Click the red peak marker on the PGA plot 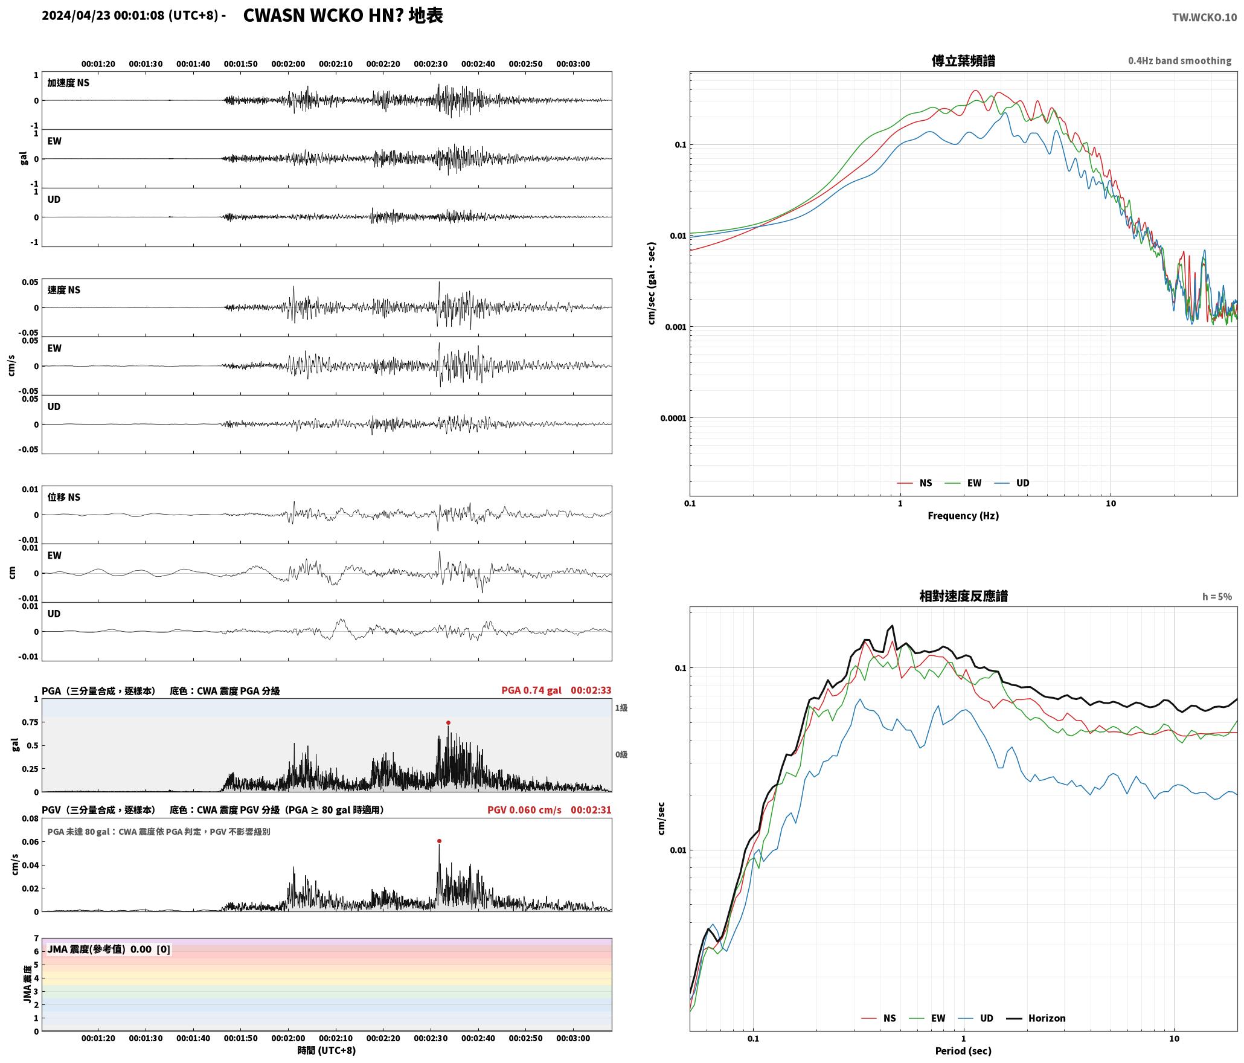(x=448, y=722)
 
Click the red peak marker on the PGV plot (x=439, y=841)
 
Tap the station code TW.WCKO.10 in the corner (x=1204, y=18)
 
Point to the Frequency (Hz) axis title (x=963, y=515)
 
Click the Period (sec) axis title (x=963, y=1050)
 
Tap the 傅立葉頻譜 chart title (x=963, y=60)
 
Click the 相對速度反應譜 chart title (x=963, y=596)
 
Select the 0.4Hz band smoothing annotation (x=1179, y=60)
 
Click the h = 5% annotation (x=1217, y=596)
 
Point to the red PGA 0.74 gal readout (x=531, y=690)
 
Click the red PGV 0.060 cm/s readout (x=524, y=809)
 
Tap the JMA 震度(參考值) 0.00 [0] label (x=109, y=949)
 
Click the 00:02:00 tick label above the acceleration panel (x=288, y=63)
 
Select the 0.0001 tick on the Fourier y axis (x=673, y=418)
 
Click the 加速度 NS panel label (x=68, y=83)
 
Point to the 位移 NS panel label (x=64, y=497)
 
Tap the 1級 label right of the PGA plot (x=621, y=707)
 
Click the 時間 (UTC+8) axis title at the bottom (x=327, y=1050)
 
